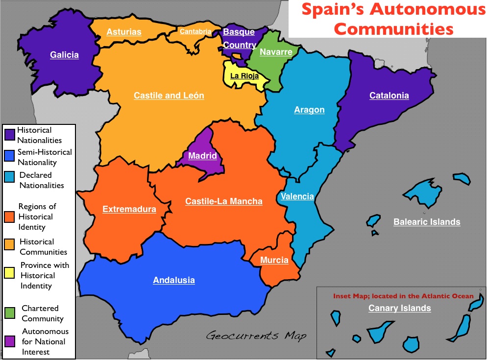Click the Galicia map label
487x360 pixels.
coord(64,55)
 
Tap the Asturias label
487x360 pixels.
coord(124,32)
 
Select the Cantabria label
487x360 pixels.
coord(195,32)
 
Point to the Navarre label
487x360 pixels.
coord(276,52)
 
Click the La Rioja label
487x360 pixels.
coord(244,76)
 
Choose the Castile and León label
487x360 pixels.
coord(169,96)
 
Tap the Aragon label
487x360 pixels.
coord(309,110)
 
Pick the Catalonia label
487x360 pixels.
coord(389,96)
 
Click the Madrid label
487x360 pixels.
coord(202,156)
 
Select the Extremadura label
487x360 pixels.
coord(129,210)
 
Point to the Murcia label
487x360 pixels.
coord(274,260)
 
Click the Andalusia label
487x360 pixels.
coord(174,280)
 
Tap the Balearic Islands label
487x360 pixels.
coord(427,222)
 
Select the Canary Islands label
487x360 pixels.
coord(399,308)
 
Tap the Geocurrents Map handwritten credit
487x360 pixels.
coord(256,336)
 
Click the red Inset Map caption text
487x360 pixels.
coord(403,296)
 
